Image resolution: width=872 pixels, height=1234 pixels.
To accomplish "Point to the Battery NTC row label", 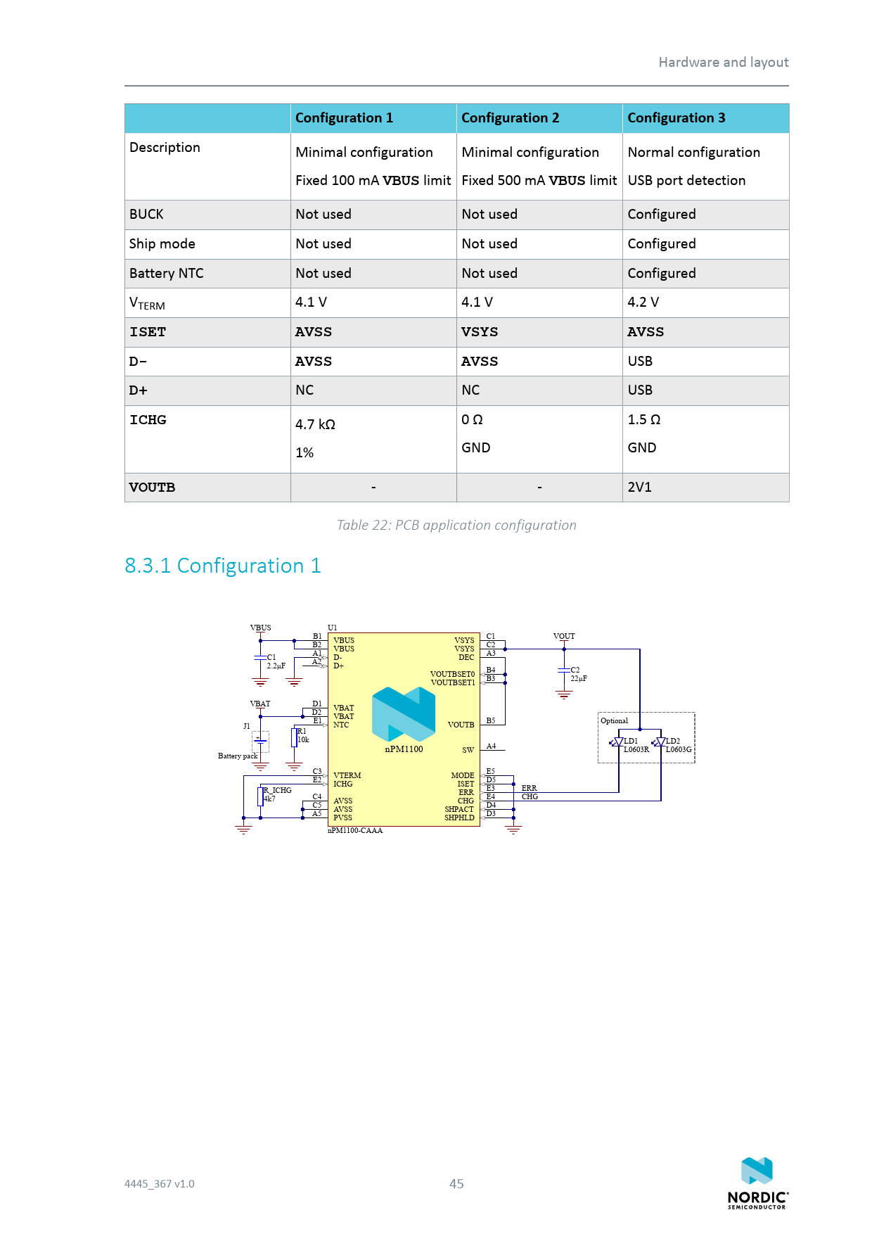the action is click(x=167, y=274).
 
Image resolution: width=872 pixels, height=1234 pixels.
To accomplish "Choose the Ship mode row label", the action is click(x=162, y=244).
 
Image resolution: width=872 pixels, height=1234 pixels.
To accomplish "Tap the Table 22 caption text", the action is click(x=456, y=526).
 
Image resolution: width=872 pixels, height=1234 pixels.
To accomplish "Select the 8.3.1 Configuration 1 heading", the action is click(x=223, y=566).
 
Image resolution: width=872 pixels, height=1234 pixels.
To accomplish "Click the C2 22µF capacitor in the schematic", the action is click(x=564, y=671).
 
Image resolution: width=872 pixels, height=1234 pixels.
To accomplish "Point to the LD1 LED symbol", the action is click(x=619, y=742).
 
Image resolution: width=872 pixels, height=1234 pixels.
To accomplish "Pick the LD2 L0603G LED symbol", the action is click(x=661, y=742).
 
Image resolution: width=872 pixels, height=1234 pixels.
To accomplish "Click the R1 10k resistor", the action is click(x=294, y=737).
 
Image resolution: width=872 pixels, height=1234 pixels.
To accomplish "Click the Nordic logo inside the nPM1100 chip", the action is click(x=404, y=714).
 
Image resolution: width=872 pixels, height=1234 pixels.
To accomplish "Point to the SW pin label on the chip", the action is click(x=468, y=750).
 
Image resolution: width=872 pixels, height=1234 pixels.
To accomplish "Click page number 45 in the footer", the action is click(x=456, y=1184).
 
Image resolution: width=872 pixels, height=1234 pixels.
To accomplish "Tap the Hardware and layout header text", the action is click(x=724, y=63).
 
